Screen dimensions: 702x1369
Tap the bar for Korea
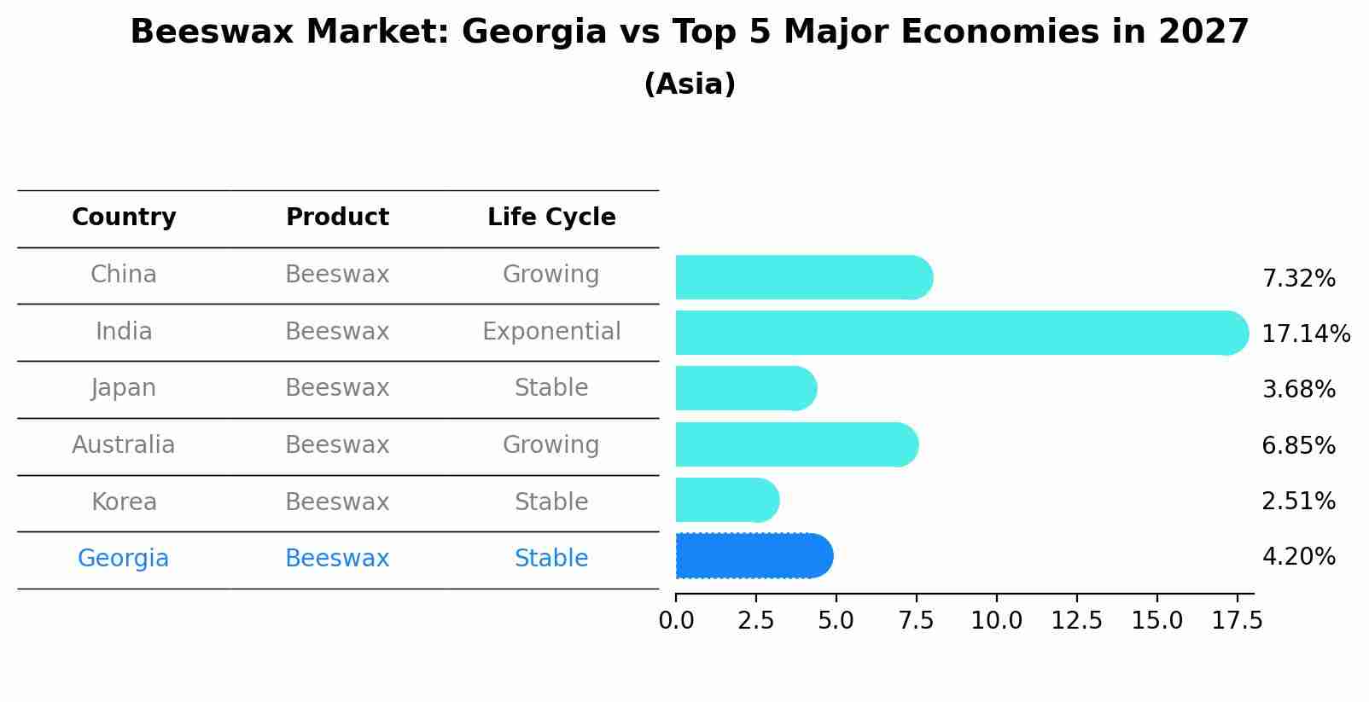click(726, 500)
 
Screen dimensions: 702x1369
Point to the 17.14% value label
click(1305, 334)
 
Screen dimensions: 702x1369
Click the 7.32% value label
click(1298, 278)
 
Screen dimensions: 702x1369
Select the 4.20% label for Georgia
click(1298, 556)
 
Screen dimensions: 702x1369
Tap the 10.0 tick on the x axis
click(996, 621)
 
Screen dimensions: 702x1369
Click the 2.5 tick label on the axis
click(755, 621)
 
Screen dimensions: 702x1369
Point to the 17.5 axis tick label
click(1237, 621)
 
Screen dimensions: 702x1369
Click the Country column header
click(124, 218)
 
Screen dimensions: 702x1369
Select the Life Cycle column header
click(551, 218)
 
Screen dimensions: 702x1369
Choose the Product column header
click(337, 218)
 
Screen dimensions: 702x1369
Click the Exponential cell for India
click(551, 331)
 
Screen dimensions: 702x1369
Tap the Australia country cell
click(124, 444)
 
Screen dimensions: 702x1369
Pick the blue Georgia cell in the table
click(124, 558)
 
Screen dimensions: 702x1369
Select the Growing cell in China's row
click(551, 274)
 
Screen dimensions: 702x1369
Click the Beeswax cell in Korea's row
click(337, 502)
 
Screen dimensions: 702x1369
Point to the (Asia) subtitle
click(690, 84)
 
